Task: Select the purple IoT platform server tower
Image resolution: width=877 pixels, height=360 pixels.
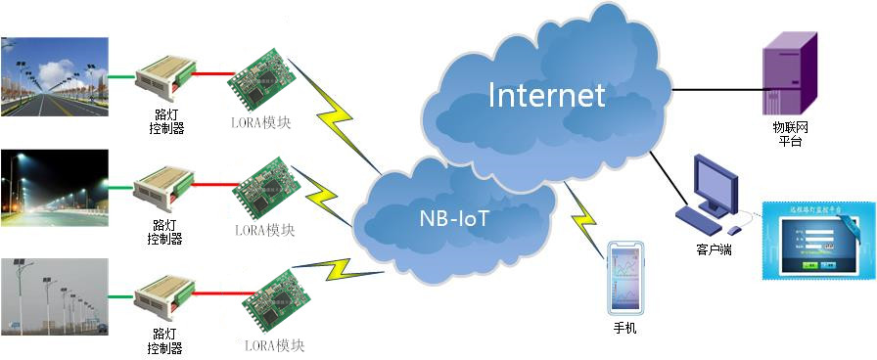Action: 789,71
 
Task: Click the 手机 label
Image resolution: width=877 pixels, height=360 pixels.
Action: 624,329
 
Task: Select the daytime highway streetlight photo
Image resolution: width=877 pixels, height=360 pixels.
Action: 54,76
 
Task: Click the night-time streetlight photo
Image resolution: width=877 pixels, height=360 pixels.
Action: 54,182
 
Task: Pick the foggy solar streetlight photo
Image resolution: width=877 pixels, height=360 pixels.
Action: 54,294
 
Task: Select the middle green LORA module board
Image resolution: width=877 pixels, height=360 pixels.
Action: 262,188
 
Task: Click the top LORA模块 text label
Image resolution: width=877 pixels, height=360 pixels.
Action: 260,123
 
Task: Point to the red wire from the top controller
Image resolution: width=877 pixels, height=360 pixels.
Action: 213,72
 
